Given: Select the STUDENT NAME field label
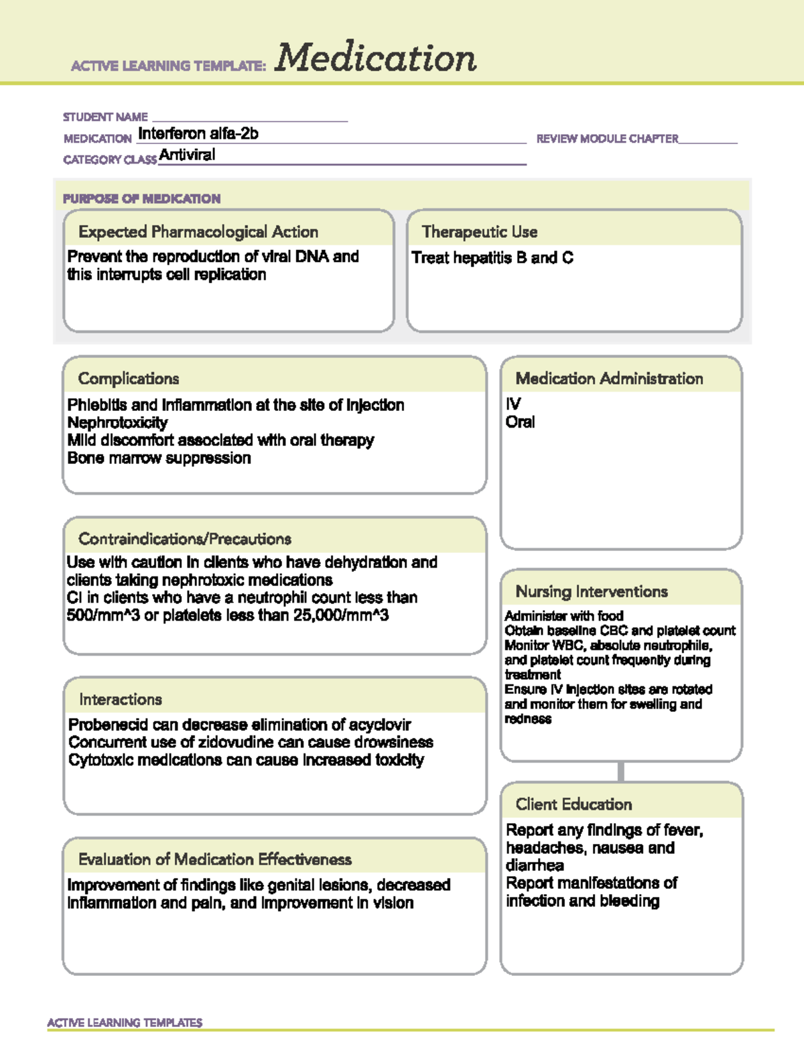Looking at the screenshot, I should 105,117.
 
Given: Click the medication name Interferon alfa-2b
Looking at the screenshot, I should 198,134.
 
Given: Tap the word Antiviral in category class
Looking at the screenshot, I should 187,155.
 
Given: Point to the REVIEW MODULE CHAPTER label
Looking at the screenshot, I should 607,139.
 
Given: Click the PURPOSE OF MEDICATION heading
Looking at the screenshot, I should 141,198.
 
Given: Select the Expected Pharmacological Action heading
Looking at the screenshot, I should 198,232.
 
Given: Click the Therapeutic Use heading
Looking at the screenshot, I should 480,232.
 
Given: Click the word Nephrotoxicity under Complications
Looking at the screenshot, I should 117,423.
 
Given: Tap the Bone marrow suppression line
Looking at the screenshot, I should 159,458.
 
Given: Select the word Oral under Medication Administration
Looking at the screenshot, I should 520,422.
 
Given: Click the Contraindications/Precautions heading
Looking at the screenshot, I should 185,539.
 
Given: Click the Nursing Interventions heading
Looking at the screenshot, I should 592,592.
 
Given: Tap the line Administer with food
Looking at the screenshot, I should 564,616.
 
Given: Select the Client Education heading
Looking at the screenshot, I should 574,804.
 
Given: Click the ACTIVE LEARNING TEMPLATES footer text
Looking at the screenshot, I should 125,1023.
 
